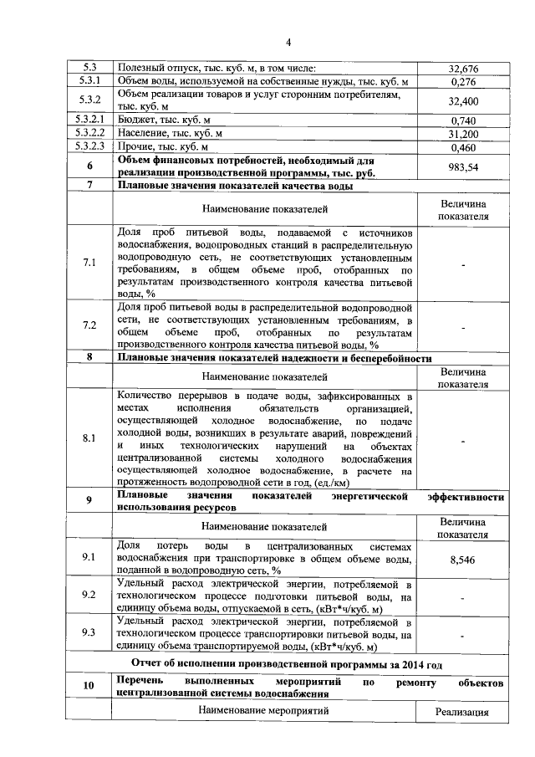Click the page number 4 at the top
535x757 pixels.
288,43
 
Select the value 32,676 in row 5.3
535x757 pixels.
462,68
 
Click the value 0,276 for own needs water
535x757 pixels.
462,82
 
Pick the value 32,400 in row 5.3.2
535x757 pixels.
462,101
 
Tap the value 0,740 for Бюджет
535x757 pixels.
462,120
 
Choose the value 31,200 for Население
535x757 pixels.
462,134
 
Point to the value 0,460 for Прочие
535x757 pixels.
462,147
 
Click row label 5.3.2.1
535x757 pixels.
89,120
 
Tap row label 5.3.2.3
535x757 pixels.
89,147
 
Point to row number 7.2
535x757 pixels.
89,325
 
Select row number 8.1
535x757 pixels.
89,438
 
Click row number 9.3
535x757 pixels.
89,633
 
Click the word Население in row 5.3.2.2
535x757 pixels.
141,134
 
